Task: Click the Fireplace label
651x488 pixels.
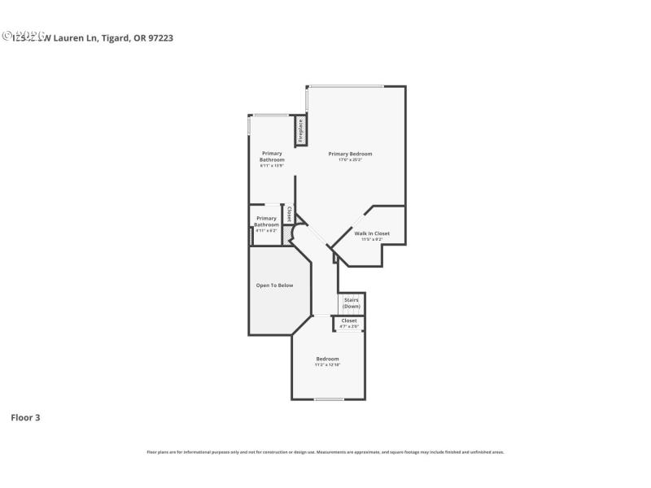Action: click(x=300, y=131)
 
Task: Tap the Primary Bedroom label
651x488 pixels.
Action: click(x=350, y=154)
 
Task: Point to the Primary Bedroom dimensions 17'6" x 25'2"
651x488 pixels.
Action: click(x=350, y=160)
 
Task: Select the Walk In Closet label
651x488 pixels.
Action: click(x=372, y=233)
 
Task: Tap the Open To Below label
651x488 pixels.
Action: click(x=274, y=285)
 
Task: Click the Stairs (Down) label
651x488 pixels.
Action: click(x=351, y=303)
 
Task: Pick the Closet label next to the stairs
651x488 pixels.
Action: click(x=349, y=320)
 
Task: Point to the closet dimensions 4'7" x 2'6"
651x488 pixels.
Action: click(x=349, y=327)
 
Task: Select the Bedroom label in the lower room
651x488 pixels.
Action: click(x=327, y=359)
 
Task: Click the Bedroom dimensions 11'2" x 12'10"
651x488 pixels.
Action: click(x=327, y=365)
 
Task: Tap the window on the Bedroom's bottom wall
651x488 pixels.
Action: click(x=329, y=399)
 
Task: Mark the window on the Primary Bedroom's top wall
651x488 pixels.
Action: click(x=346, y=86)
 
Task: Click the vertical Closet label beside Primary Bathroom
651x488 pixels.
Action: click(x=289, y=214)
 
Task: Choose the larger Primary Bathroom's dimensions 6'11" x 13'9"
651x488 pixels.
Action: click(x=272, y=166)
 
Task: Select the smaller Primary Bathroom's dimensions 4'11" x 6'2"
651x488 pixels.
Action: click(x=266, y=230)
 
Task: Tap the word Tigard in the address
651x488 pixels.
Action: click(x=114, y=37)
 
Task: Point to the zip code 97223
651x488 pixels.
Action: click(x=159, y=37)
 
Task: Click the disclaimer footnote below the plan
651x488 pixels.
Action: click(x=325, y=452)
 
